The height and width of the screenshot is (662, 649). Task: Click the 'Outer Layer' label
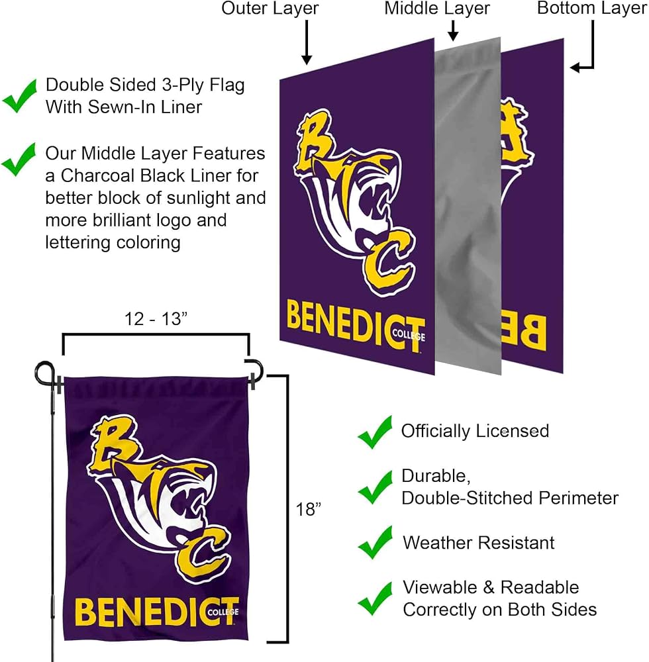[x=270, y=9]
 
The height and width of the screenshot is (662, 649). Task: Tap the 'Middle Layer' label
[x=437, y=9]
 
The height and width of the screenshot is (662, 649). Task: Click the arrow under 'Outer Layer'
[x=307, y=42]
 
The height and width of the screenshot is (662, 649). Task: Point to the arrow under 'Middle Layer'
[x=453, y=31]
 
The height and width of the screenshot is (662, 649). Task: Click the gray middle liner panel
[x=468, y=206]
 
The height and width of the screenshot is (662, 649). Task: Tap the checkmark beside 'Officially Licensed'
[x=375, y=432]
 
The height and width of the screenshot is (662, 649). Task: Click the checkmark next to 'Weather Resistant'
[x=375, y=543]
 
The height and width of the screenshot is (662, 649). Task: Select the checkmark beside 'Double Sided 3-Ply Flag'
[x=19, y=96]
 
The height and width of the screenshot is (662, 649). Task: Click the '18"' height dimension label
[x=308, y=509]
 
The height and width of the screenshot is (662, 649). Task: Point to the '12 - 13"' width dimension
[x=156, y=319]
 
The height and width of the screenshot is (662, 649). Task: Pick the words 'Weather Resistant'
[x=478, y=543]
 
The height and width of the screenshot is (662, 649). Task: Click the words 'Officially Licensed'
[x=475, y=431]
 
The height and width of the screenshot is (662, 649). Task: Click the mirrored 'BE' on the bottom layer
[x=524, y=334]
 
